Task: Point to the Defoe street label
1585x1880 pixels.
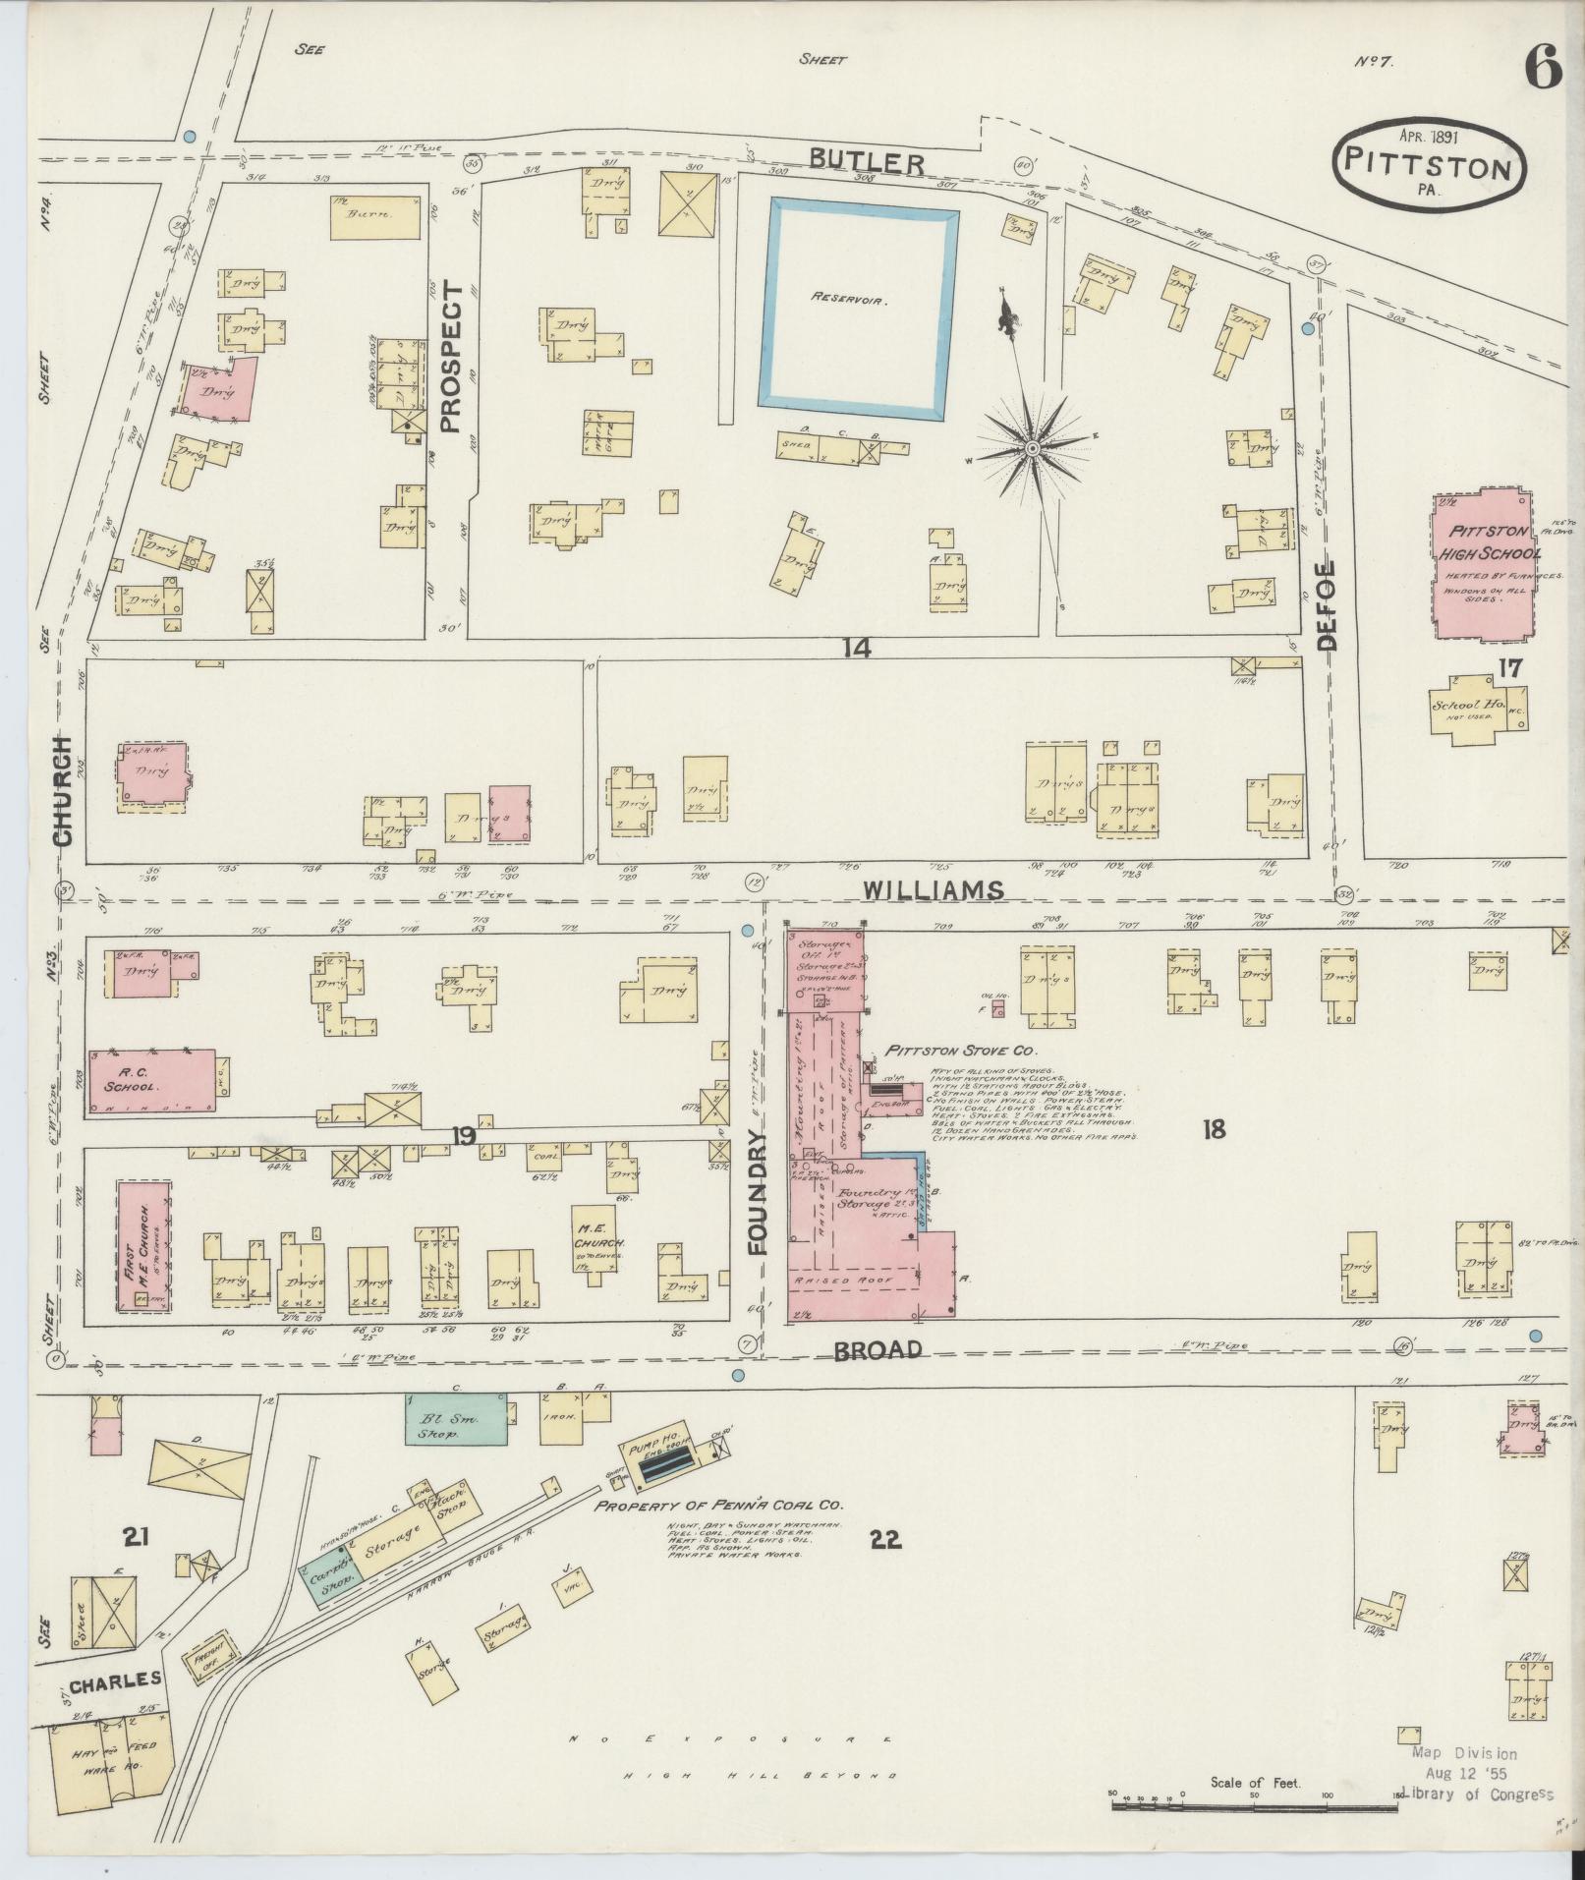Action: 1327,605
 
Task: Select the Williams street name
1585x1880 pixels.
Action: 934,889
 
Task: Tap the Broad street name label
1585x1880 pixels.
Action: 877,1349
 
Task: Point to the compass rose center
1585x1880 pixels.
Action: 1032,449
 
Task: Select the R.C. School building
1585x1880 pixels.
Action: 152,1082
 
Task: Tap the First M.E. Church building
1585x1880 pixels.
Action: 144,1246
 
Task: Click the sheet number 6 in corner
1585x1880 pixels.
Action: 1542,70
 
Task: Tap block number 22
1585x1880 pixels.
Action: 884,1538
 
